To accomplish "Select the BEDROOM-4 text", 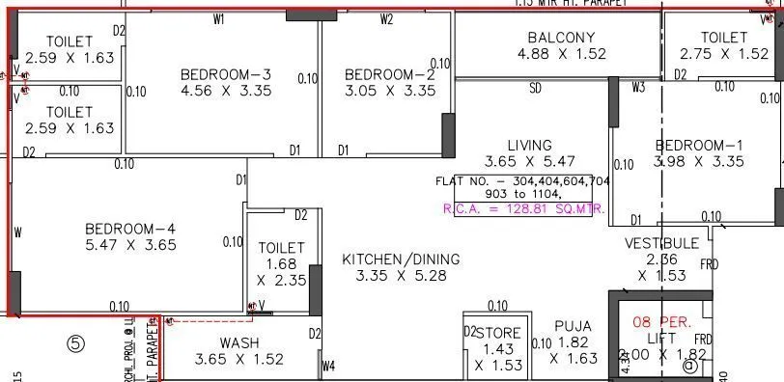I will [x=131, y=229].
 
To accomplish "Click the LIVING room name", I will [x=530, y=146].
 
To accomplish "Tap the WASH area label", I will [x=238, y=342].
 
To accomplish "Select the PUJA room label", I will [x=573, y=326].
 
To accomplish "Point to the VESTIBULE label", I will [x=661, y=242].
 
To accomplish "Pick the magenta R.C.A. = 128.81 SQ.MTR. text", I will [x=523, y=207].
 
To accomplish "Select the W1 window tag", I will [x=219, y=18].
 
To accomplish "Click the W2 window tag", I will [x=386, y=18].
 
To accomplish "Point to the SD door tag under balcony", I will [x=535, y=88].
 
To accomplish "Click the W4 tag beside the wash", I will [x=328, y=366].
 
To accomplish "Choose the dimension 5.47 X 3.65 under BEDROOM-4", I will [x=131, y=245].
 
